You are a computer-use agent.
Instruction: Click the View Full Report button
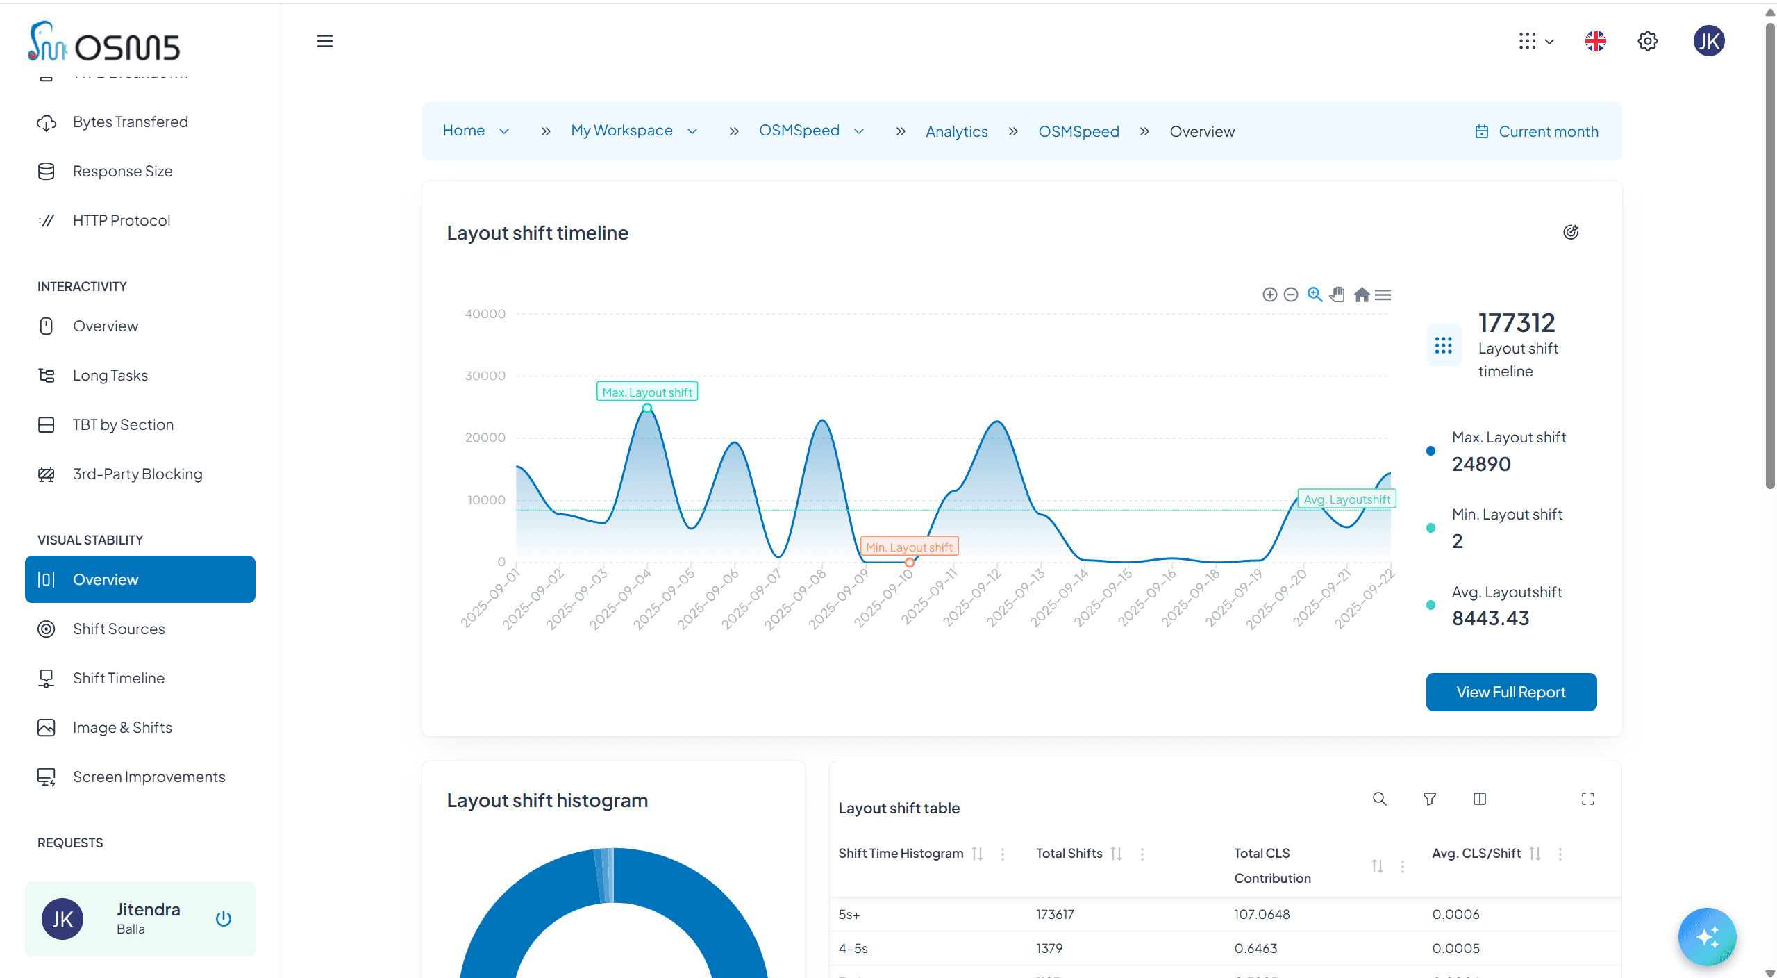[x=1510, y=692]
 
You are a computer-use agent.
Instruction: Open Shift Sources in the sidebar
[x=119, y=629]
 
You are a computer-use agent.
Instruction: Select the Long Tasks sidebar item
[x=110, y=375]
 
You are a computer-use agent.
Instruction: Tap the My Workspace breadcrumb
[x=621, y=131]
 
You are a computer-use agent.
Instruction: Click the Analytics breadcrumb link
[x=956, y=131]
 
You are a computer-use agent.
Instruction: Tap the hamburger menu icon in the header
[x=324, y=41]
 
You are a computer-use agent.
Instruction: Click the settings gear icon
[x=1647, y=41]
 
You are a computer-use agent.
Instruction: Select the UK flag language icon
[x=1595, y=41]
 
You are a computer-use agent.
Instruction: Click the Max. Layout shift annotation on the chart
[x=646, y=392]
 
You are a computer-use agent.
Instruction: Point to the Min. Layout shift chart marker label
[x=909, y=547]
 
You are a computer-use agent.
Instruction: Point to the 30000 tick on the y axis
[x=485, y=376]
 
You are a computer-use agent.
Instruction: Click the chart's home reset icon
[x=1361, y=295]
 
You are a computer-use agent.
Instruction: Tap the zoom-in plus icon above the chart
[x=1269, y=295]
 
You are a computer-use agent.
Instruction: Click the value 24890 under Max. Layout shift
[x=1481, y=464]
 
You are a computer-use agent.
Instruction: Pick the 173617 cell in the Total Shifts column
[x=1055, y=914]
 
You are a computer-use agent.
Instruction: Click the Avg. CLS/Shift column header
[x=1476, y=853]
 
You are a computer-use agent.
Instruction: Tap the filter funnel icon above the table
[x=1429, y=799]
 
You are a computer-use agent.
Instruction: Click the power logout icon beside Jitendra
[x=223, y=918]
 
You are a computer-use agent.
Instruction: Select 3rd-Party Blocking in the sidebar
[x=137, y=474]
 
